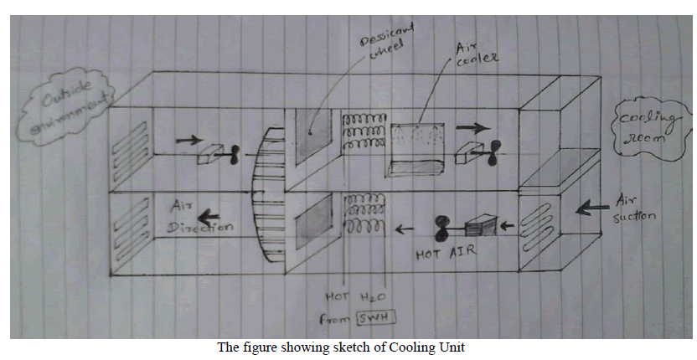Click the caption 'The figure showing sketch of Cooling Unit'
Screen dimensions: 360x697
348,348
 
